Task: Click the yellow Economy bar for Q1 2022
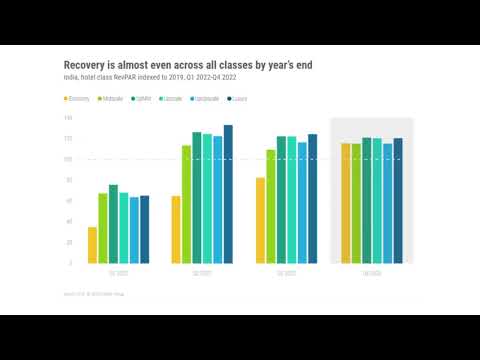(x=93, y=245)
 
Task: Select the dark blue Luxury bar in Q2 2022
(x=228, y=194)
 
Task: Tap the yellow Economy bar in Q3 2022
(x=260, y=220)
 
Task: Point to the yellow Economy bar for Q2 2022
(x=176, y=229)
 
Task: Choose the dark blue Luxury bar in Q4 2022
(x=398, y=200)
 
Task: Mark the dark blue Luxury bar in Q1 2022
(x=144, y=229)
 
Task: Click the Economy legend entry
(x=81, y=99)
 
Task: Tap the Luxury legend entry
(x=237, y=99)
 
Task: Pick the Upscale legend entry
(x=172, y=99)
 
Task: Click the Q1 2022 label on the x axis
(x=118, y=272)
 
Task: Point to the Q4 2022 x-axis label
(x=372, y=272)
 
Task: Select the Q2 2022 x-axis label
(x=202, y=272)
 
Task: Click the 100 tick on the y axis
(x=68, y=159)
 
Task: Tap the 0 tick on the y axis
(x=70, y=263)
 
